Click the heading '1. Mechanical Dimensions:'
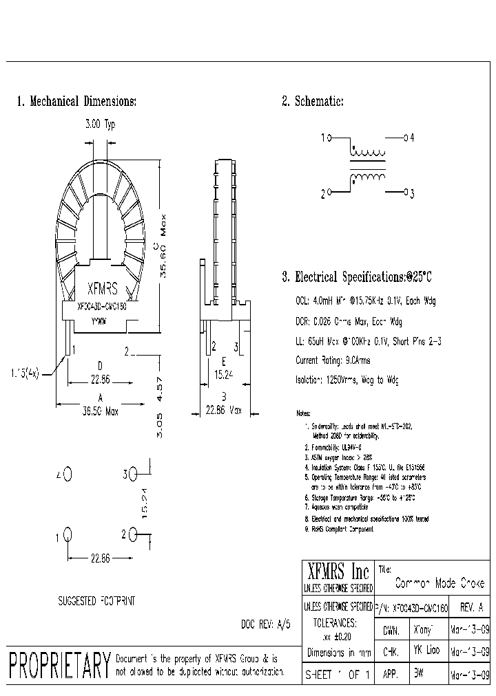76,102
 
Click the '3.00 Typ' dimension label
100,124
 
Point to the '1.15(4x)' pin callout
24,373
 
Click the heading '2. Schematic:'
312,102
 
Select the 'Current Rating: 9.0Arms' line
333,360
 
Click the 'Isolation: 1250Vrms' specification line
347,380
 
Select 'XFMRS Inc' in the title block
338,572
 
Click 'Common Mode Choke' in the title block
439,583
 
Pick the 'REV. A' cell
471,609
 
